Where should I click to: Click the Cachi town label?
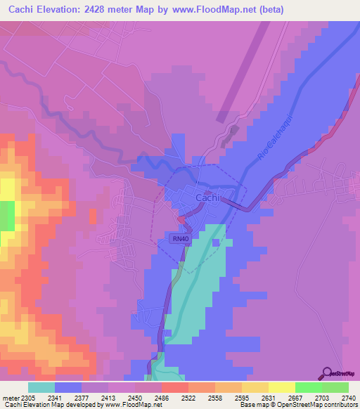click(207, 199)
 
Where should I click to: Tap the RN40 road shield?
click(180, 239)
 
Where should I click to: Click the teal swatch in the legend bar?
click(41, 387)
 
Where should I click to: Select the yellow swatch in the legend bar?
click(281, 387)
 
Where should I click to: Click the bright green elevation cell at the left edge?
click(6, 215)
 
